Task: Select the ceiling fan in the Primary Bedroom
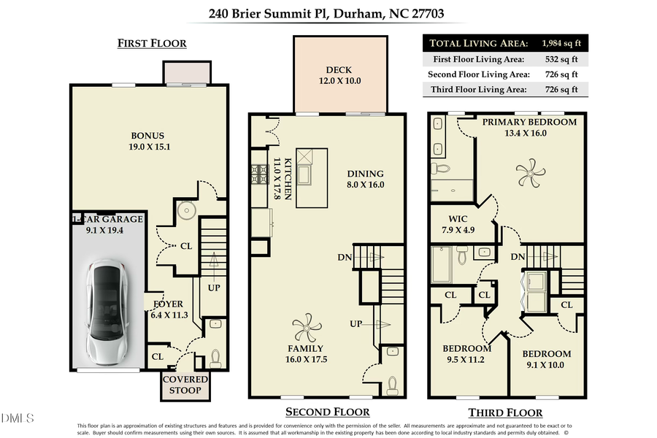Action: [x=530, y=174]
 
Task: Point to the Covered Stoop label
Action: [x=185, y=385]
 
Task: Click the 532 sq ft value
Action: [x=558, y=58]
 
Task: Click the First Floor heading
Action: [x=152, y=44]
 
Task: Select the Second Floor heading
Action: [x=327, y=412]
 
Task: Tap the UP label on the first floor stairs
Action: [x=215, y=288]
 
